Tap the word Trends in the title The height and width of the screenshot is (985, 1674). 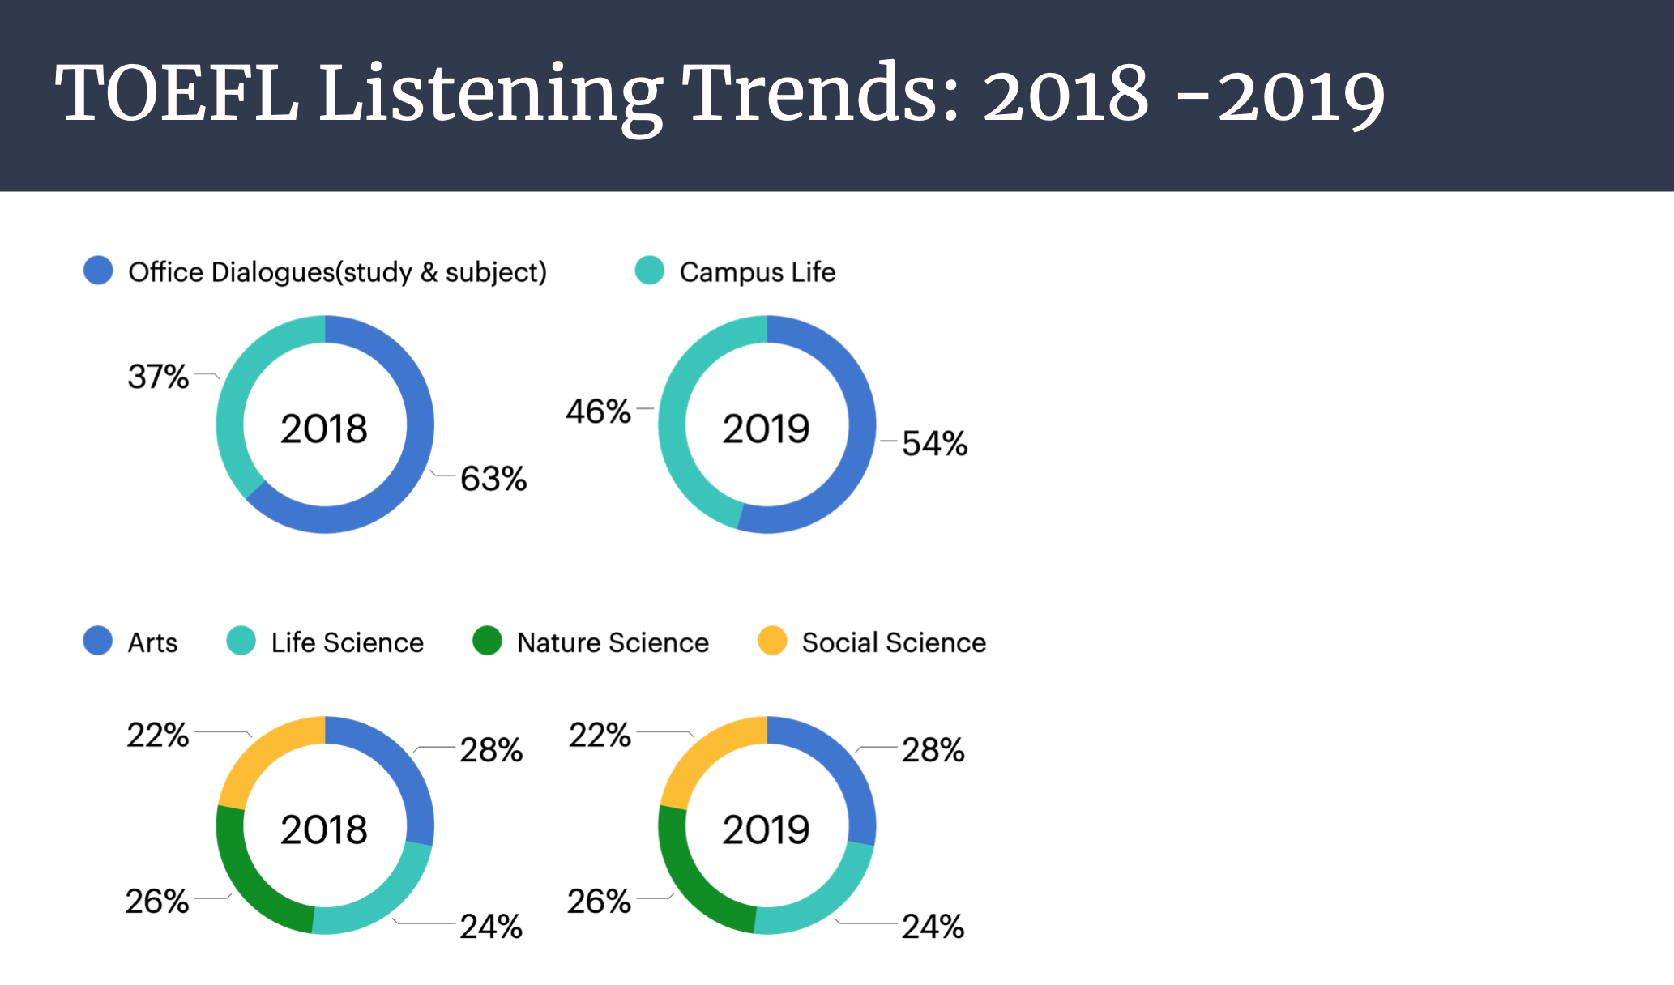pos(819,96)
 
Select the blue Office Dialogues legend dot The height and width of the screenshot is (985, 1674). pos(98,271)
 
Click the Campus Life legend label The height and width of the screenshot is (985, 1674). pos(757,272)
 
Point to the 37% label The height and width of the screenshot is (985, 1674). pos(158,377)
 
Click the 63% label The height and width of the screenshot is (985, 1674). pos(493,479)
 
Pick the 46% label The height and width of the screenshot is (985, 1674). pos(598,411)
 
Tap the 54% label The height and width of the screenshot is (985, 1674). pos(934,444)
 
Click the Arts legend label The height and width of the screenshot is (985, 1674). pos(152,642)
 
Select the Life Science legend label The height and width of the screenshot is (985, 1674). pos(347,642)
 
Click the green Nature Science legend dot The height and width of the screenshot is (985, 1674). pos(487,641)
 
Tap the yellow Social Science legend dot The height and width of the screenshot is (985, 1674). pos(772,641)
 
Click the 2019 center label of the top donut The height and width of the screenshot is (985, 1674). pos(766,429)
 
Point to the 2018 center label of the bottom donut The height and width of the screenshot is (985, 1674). pos(324,829)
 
